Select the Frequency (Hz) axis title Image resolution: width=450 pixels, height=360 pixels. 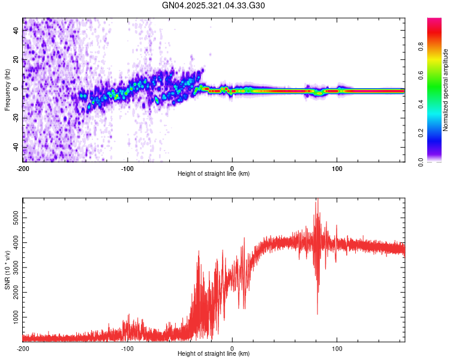pos(7,90)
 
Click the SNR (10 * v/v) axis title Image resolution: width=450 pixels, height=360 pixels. pos(7,270)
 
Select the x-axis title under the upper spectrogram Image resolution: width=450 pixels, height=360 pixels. pos(214,174)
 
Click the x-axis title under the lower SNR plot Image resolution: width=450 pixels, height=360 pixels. pos(214,354)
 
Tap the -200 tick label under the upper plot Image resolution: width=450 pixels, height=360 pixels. pos(23,168)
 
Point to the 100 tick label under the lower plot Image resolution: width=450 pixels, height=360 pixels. pos(337,348)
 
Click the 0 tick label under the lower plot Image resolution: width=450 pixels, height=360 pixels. pos(232,348)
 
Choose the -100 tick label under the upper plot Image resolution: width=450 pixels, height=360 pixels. pos(127,168)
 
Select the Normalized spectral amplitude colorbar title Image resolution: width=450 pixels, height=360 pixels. pos(446,90)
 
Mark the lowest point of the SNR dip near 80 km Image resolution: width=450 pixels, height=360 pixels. pos(317,314)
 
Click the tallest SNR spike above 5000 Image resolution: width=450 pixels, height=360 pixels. pos(316,201)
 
